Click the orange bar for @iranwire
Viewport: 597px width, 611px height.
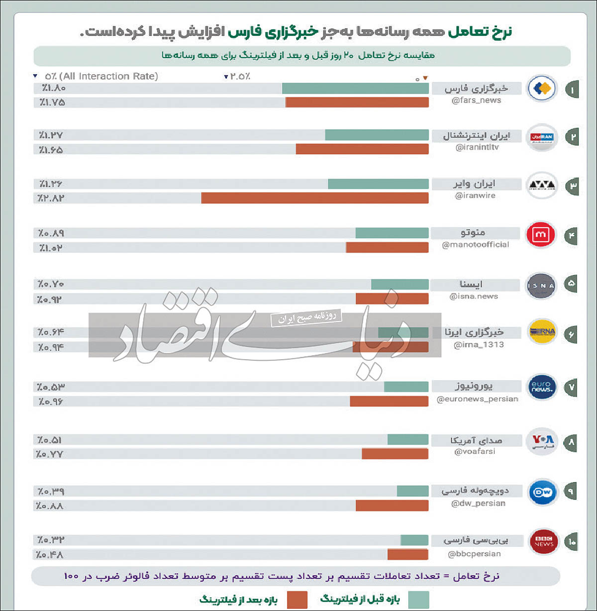(314, 198)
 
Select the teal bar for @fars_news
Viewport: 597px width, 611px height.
(355, 89)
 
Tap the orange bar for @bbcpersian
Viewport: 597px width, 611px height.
(407, 554)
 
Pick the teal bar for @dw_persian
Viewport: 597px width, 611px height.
(412, 491)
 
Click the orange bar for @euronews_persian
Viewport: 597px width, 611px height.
(389, 401)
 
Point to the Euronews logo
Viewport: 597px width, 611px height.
(541, 387)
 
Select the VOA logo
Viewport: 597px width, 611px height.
(542, 441)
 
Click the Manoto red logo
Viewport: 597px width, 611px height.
(542, 235)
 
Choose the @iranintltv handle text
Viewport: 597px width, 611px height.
(477, 147)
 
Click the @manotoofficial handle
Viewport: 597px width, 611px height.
(475, 244)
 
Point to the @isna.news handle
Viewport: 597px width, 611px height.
(474, 296)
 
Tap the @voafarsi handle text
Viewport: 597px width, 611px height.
(475, 451)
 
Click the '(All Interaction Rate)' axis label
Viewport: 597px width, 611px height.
(108, 76)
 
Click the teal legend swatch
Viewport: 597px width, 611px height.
(418, 600)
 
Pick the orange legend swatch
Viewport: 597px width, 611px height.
(297, 600)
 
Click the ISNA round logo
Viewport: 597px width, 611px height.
(541, 286)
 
